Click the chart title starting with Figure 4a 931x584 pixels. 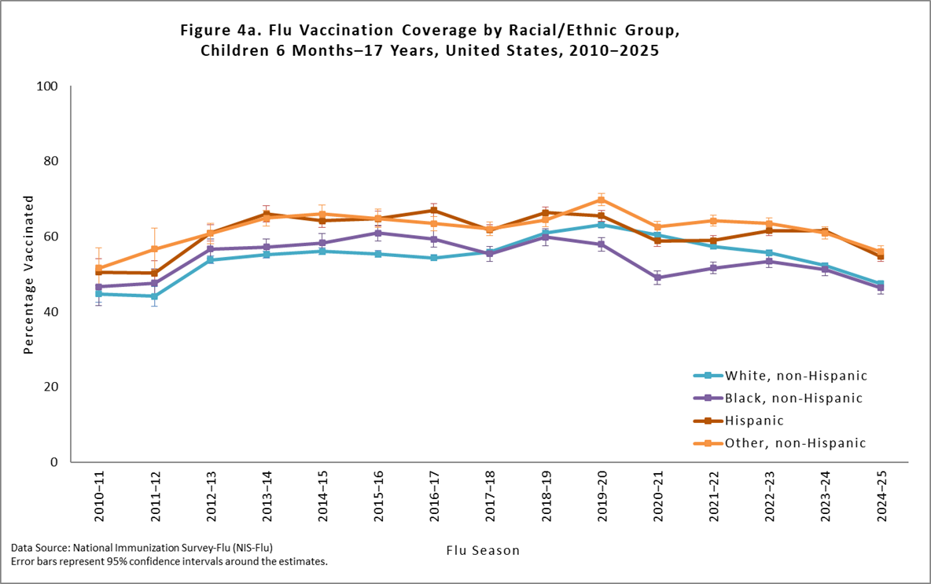click(x=429, y=41)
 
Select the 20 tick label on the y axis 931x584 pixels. click(x=52, y=387)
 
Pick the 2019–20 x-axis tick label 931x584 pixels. click(x=601, y=498)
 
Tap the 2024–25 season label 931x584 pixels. click(x=880, y=498)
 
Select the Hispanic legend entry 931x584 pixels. click(x=754, y=421)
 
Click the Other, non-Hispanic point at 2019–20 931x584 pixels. click(x=601, y=200)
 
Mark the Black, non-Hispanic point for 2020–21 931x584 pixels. click(x=657, y=277)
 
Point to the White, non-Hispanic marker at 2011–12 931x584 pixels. click(x=154, y=296)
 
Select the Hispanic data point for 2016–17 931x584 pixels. click(x=433, y=211)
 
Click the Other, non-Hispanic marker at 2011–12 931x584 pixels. click(x=154, y=249)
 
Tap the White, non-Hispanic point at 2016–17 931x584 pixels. click(x=433, y=258)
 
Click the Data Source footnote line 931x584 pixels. click(x=142, y=547)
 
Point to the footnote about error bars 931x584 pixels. click(x=169, y=561)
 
